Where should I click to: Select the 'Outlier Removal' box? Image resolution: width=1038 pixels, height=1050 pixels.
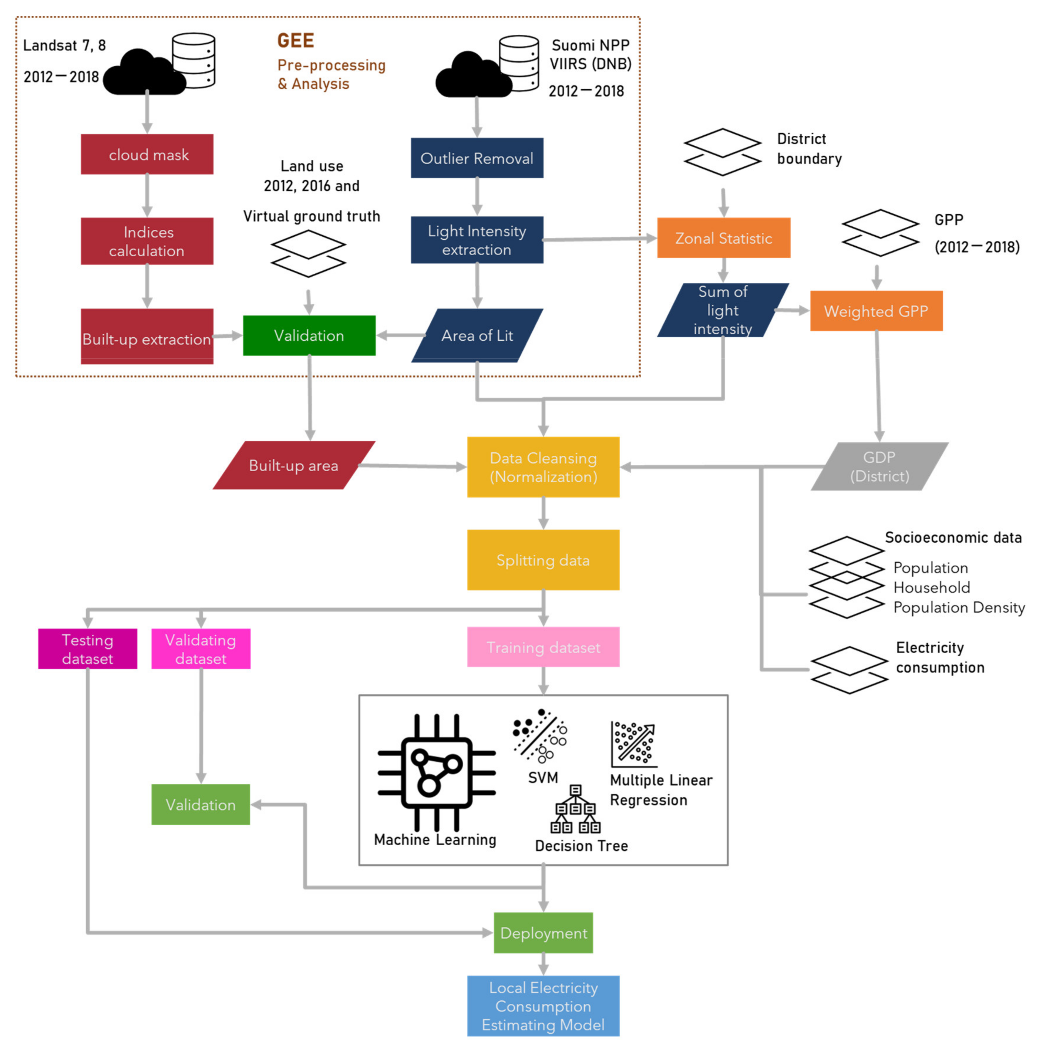coord(477,158)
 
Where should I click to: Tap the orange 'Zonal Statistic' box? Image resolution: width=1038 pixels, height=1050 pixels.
coord(723,238)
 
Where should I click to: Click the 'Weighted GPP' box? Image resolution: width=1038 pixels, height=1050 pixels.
coord(876,311)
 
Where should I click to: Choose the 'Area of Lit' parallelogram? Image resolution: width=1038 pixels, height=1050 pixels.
coord(477,335)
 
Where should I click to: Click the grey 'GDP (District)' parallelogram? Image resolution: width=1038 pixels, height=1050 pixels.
coord(879,466)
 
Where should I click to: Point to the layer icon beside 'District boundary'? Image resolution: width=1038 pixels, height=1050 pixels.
coord(722,152)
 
